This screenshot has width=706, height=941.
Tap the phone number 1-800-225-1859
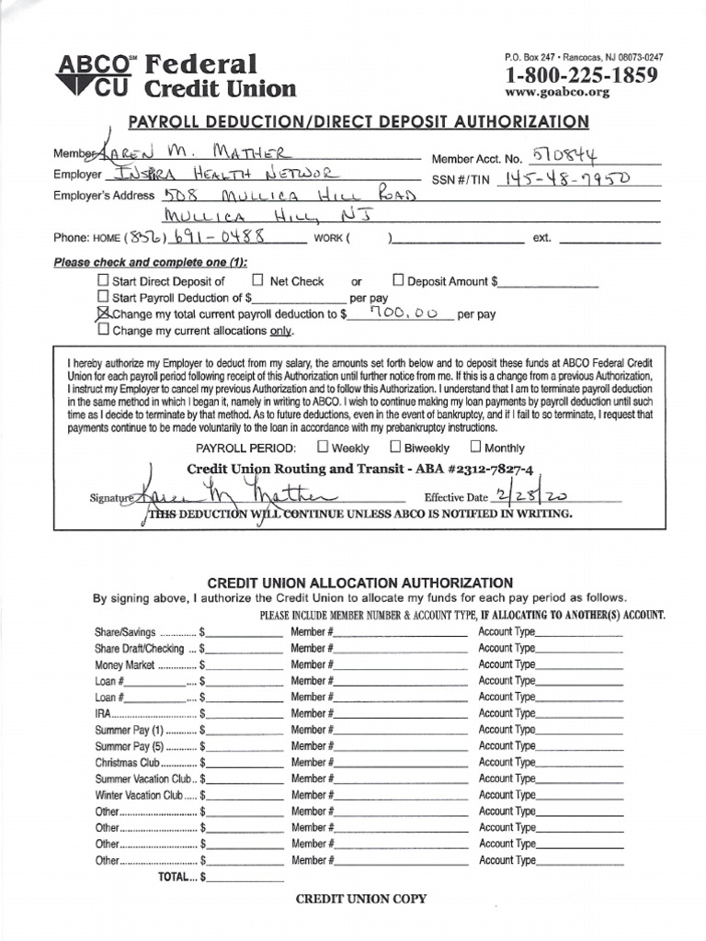pyautogui.click(x=581, y=74)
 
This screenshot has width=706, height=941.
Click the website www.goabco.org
pyautogui.click(x=557, y=93)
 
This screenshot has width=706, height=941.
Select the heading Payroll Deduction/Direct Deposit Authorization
pyautogui.click(x=358, y=122)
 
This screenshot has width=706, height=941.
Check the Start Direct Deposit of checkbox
pyautogui.click(x=103, y=281)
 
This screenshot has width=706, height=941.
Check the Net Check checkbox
pyautogui.click(x=257, y=281)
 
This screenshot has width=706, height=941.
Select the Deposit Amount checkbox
pyautogui.click(x=398, y=281)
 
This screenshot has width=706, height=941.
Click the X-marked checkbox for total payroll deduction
pyautogui.click(x=103, y=312)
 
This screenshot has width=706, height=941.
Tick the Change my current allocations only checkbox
pyautogui.click(x=103, y=329)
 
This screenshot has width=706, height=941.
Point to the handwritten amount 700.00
pyautogui.click(x=402, y=312)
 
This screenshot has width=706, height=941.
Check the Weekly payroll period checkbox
pyautogui.click(x=322, y=448)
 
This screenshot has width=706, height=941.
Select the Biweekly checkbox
pyautogui.click(x=395, y=448)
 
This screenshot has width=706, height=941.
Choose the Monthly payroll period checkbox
pyautogui.click(x=475, y=448)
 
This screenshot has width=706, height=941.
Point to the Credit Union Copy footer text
pyautogui.click(x=360, y=899)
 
